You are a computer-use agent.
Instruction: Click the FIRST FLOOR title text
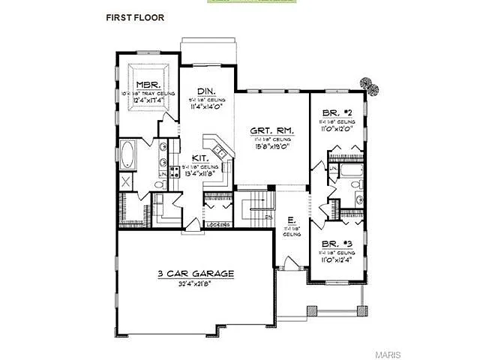(135, 17)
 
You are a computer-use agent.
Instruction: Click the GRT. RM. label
(272, 130)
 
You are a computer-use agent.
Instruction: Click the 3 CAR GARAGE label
(196, 274)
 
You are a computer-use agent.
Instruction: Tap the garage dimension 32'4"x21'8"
(195, 285)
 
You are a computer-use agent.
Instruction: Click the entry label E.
(289, 220)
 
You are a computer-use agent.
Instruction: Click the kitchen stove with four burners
(175, 172)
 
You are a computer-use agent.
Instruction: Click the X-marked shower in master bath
(126, 181)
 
